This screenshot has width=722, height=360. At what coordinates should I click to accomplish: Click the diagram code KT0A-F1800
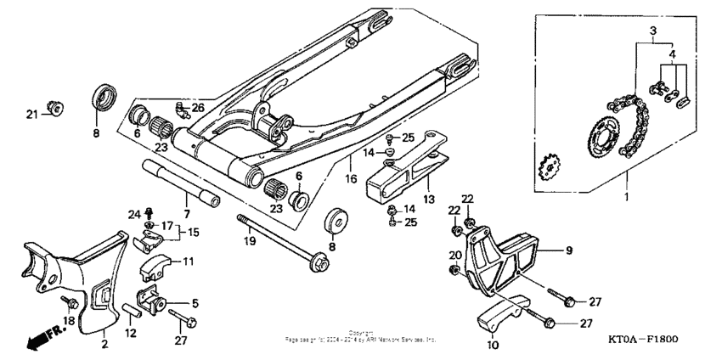643,340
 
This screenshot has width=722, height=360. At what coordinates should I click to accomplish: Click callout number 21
31,114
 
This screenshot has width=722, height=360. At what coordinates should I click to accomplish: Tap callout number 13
430,199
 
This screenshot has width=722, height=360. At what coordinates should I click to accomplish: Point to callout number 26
197,107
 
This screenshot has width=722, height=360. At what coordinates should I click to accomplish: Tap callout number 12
132,334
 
